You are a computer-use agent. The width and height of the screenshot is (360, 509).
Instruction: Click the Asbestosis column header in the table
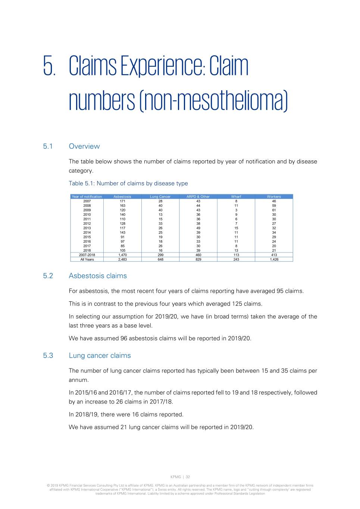(122, 197)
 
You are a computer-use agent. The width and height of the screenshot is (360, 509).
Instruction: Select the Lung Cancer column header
(160, 197)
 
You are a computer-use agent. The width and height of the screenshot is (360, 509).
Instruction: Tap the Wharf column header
(236, 197)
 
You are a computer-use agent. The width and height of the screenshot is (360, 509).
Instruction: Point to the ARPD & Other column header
(198, 197)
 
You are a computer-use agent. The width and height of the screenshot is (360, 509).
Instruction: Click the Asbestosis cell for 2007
(122, 201)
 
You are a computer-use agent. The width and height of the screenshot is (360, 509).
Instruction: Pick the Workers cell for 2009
(274, 210)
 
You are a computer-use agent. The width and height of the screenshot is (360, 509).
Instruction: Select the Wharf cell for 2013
(236, 228)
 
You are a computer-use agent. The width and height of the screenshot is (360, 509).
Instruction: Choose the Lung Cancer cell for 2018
(160, 250)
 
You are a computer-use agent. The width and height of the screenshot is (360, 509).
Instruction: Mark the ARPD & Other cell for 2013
(198, 228)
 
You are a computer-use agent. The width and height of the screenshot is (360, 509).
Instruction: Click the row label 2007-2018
(87, 255)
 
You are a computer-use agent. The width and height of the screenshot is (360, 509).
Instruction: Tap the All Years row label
(87, 260)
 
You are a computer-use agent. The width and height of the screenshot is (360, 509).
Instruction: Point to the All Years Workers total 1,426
(274, 260)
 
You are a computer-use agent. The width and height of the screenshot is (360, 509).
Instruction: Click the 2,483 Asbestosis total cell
(122, 260)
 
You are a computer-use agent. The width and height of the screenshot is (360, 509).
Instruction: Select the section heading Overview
(84, 146)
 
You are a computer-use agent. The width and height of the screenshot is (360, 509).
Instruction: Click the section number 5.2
(48, 276)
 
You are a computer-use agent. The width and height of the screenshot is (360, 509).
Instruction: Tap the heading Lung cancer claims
(100, 355)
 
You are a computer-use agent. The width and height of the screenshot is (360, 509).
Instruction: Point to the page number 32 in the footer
(188, 477)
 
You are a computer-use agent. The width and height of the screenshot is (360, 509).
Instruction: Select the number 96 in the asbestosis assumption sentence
(124, 338)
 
